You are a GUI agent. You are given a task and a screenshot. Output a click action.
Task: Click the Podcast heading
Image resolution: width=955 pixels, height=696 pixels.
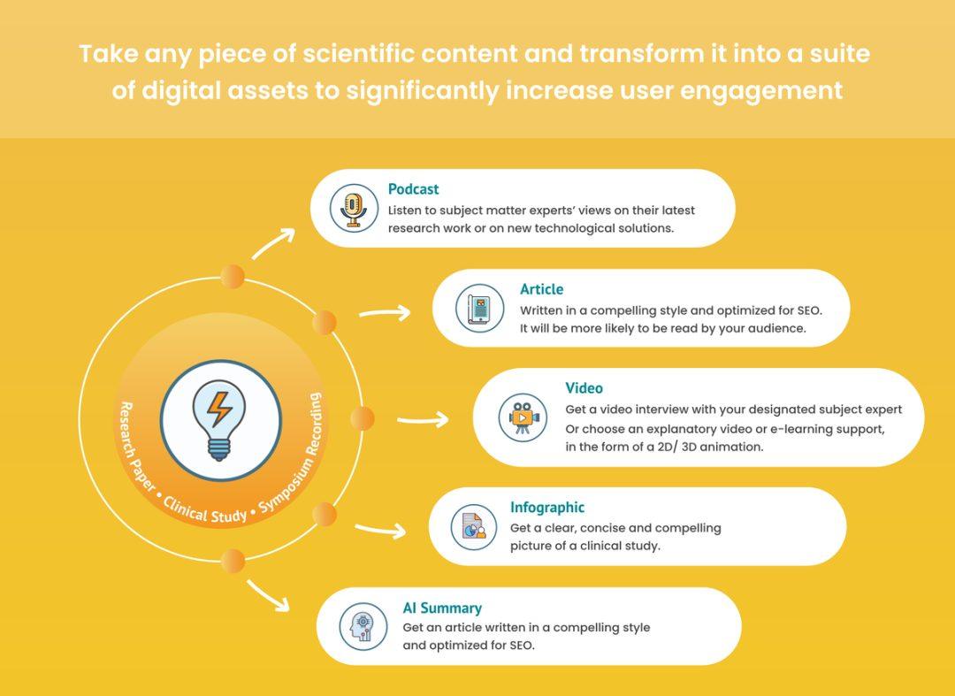point(413,189)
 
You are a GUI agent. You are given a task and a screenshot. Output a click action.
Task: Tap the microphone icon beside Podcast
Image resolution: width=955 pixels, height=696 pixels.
point(354,208)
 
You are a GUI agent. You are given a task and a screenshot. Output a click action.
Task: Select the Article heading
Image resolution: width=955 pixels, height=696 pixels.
point(541,289)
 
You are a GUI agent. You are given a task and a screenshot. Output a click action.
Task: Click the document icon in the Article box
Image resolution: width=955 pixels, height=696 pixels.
point(480,308)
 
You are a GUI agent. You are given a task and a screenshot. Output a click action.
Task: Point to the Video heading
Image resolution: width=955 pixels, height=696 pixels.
point(584,388)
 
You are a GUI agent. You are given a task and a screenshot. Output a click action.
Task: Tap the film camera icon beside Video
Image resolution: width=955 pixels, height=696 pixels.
point(523,417)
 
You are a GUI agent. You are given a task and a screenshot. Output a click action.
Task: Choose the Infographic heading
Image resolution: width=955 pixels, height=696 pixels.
point(547,508)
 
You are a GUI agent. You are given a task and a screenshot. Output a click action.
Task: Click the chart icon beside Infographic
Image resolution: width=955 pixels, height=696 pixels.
point(474,527)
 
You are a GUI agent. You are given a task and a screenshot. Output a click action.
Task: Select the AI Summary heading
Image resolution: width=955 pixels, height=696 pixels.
point(442,608)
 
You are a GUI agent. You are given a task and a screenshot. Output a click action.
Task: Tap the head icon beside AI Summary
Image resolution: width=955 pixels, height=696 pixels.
point(363,626)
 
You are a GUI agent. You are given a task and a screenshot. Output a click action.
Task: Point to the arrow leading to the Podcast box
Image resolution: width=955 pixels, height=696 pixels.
point(273,243)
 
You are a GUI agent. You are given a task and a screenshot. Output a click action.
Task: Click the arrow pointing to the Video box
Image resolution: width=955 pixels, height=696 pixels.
point(423,419)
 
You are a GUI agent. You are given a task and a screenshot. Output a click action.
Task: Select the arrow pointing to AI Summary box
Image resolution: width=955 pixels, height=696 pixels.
point(269,595)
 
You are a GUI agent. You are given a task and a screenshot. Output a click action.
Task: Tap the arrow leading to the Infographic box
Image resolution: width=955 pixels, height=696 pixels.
point(380,530)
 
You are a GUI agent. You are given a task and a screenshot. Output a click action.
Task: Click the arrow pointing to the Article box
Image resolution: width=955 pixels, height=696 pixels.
point(385,313)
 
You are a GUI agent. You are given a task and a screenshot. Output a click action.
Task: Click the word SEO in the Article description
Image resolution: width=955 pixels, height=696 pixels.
point(809,310)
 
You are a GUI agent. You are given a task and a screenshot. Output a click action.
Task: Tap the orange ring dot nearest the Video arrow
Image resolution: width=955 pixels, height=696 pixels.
point(363,418)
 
